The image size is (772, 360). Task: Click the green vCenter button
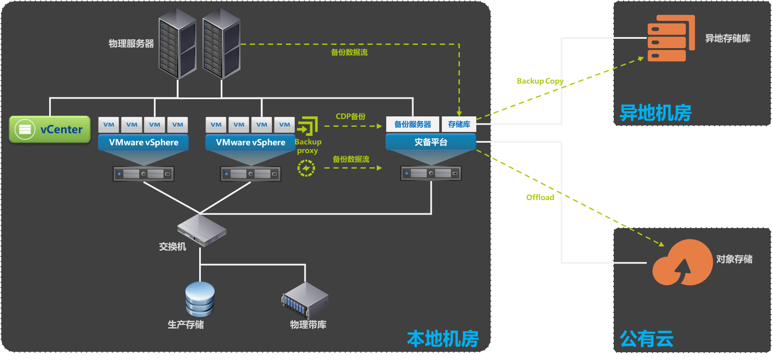click(x=50, y=129)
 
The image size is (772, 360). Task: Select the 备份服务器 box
click(x=413, y=124)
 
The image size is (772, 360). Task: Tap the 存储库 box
click(x=459, y=124)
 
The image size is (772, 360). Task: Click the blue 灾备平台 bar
click(x=431, y=142)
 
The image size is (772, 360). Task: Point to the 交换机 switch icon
click(x=202, y=230)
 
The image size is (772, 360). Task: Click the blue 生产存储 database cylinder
click(x=200, y=299)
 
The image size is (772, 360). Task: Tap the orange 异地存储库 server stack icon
click(x=671, y=38)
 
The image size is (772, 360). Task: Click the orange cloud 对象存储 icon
click(x=682, y=262)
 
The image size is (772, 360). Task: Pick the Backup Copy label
click(x=540, y=81)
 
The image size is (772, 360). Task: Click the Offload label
click(x=540, y=197)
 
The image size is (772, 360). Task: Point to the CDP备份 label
click(x=350, y=116)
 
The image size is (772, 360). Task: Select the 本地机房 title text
click(x=443, y=339)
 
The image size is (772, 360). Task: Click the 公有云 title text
click(x=647, y=339)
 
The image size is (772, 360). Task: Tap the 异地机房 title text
click(x=655, y=113)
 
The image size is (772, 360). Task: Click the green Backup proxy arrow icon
click(x=307, y=126)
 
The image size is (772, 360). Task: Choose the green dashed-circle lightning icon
click(x=306, y=168)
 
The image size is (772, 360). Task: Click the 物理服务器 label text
click(x=131, y=44)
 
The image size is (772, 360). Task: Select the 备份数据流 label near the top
click(x=349, y=52)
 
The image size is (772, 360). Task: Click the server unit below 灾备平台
click(x=431, y=173)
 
